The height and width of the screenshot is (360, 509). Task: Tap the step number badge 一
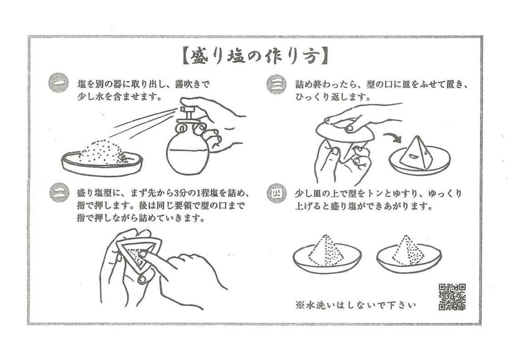tap(59, 84)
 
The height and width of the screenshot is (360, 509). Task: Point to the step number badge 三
tap(276, 85)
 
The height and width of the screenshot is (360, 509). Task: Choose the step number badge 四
tap(276, 193)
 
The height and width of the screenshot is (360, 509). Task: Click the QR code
tap(452, 297)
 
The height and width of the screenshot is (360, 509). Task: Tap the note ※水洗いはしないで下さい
tap(356, 305)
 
